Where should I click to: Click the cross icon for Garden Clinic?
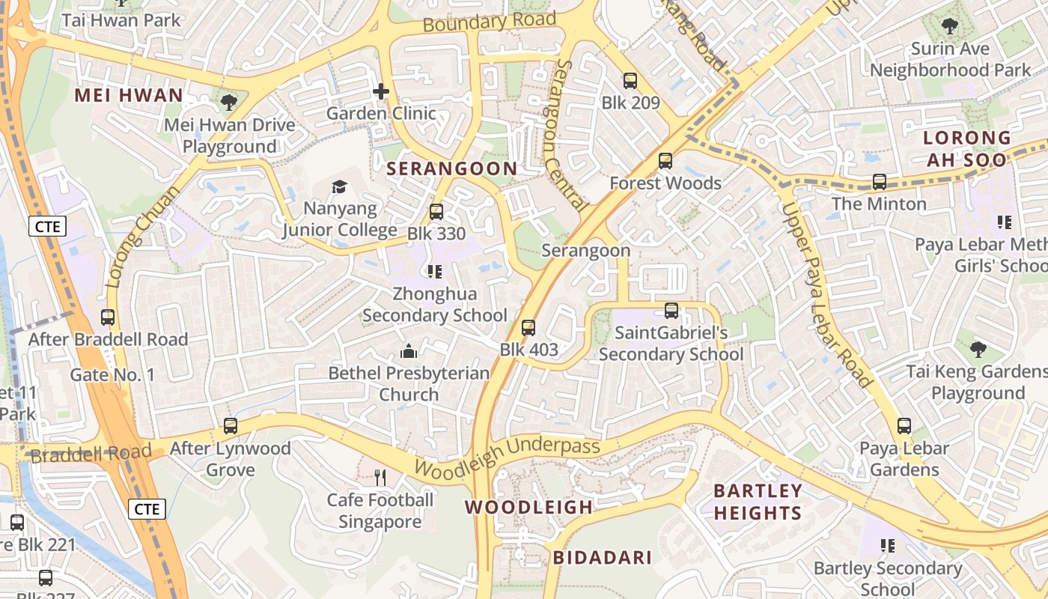coord(381,91)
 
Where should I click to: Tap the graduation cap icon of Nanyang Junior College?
coord(340,186)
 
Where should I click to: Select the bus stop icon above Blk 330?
coord(436,212)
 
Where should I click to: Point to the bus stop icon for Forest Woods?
coord(665,161)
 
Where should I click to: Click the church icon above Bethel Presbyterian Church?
coord(409,350)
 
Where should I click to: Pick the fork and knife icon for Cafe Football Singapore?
coord(380,477)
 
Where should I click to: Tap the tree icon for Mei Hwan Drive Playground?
coord(229,103)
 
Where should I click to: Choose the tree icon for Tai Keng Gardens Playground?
coord(978,349)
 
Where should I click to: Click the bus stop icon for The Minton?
coord(879,181)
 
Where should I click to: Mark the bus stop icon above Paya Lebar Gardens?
coord(904,426)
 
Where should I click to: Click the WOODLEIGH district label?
coord(528,508)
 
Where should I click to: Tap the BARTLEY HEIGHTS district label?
coord(758,502)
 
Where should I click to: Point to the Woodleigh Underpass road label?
coord(507,458)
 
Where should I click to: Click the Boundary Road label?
coord(489,22)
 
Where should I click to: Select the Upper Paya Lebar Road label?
coord(826,295)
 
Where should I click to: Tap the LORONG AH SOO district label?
coord(966,149)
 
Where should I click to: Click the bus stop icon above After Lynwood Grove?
coord(231,426)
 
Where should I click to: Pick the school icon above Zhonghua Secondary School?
coord(435,271)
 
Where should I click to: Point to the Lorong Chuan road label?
coord(142,236)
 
